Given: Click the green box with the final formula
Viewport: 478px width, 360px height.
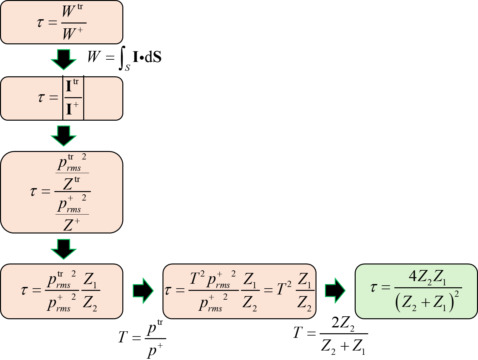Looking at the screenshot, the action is tap(416, 291).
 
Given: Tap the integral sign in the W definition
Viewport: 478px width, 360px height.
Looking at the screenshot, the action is tap(122, 58).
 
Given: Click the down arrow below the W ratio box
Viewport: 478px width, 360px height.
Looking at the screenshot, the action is tap(64, 60).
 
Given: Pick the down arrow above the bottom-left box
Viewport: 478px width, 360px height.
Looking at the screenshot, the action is tap(64, 249).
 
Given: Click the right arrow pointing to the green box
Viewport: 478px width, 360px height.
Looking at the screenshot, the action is tap(335, 290).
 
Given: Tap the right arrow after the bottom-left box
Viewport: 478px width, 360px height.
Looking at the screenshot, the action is tap(143, 290).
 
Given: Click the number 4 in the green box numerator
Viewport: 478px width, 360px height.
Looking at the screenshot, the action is tap(413, 276).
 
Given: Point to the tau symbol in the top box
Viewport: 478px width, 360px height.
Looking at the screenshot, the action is tap(40, 23).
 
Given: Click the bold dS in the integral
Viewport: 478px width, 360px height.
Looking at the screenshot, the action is tap(153, 57).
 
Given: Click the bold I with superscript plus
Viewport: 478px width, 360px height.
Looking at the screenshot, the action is tap(72, 108).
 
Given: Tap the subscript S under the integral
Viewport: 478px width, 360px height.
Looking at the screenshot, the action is tap(127, 68).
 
